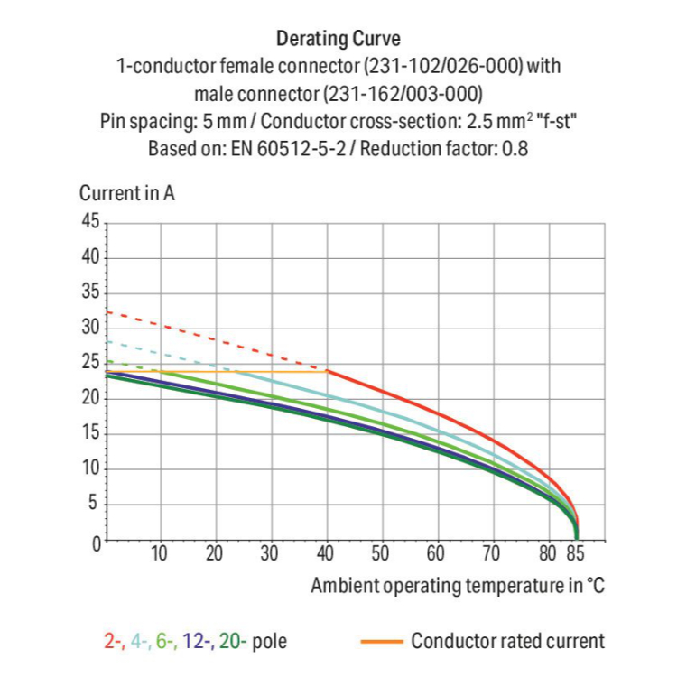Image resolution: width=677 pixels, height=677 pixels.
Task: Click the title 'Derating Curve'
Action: [338, 39]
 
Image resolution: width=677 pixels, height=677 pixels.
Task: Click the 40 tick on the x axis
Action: [327, 552]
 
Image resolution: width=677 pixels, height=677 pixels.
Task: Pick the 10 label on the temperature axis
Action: [160, 552]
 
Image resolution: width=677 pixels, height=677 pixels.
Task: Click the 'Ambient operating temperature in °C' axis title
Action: [457, 586]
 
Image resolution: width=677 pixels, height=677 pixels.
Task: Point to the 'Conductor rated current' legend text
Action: [507, 641]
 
